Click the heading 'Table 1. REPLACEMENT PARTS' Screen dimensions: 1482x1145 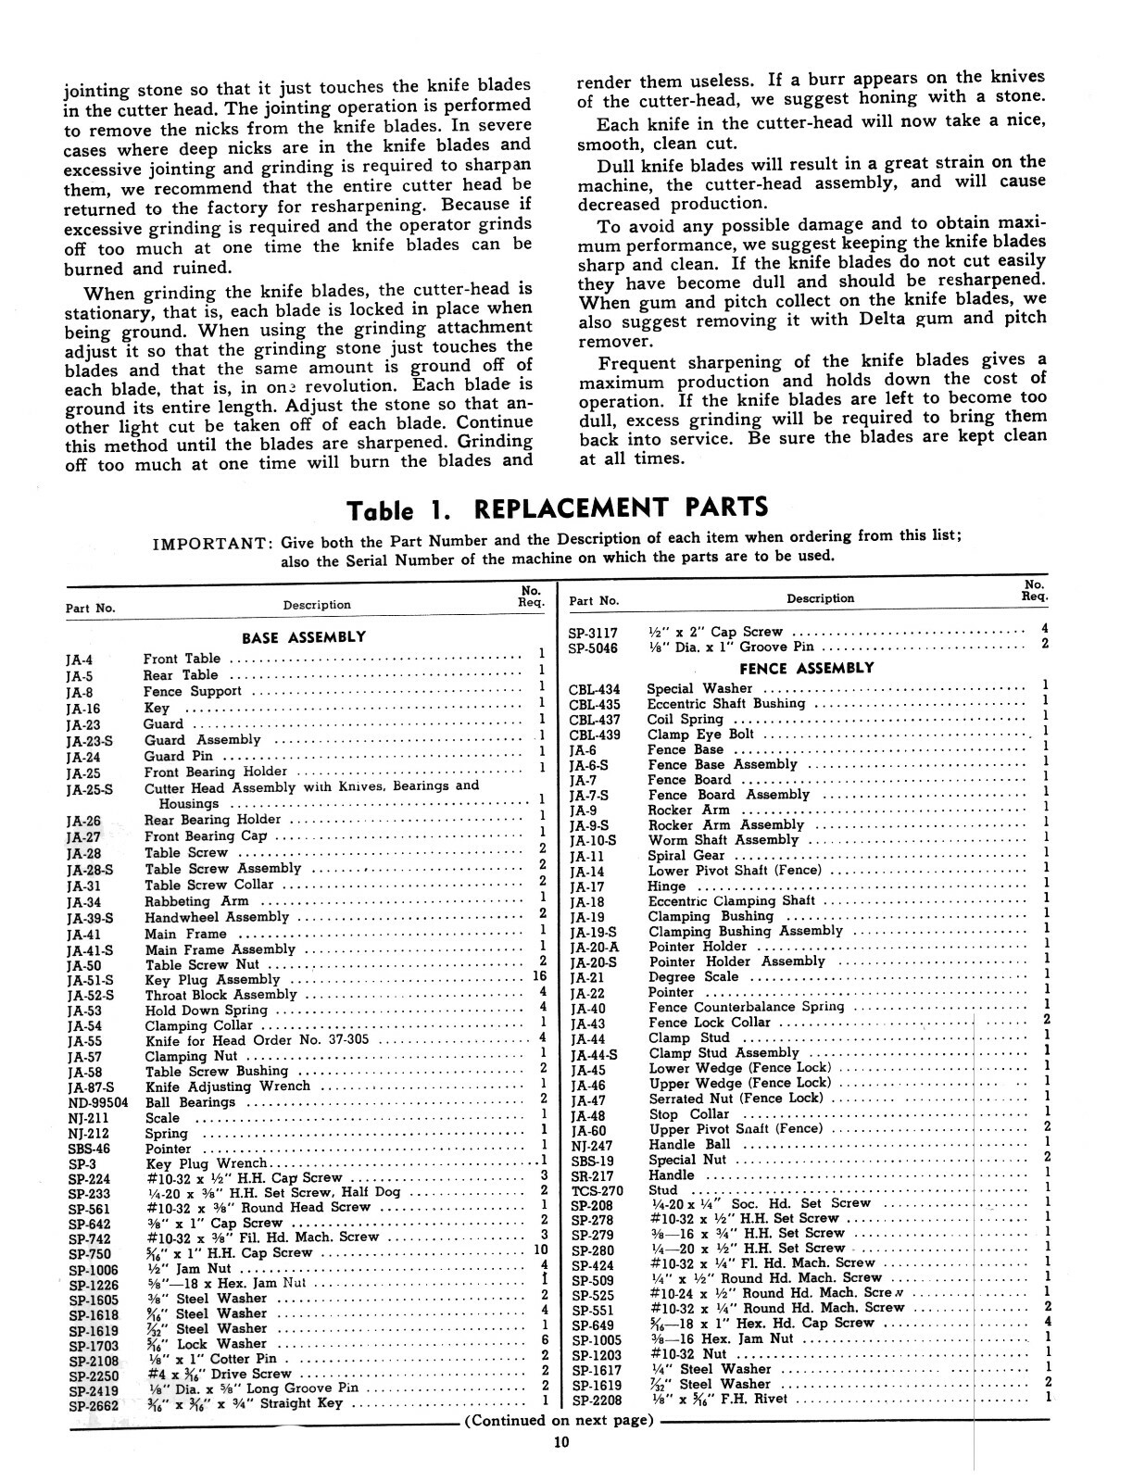pyautogui.click(x=557, y=509)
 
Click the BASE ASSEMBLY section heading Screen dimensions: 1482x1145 pyautogui.click(x=303, y=637)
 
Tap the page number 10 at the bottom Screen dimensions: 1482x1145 pyautogui.click(x=562, y=1441)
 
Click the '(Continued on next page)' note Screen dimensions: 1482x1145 pyautogui.click(x=559, y=1420)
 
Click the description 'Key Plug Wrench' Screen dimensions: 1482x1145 pyautogui.click(x=206, y=1162)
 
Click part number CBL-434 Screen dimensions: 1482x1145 pyautogui.click(x=594, y=689)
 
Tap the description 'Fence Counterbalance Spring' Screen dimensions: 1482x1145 pyautogui.click(x=746, y=1006)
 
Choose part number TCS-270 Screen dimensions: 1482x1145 pyautogui.click(x=597, y=1190)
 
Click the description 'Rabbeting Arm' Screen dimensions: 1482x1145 pyautogui.click(x=195, y=900)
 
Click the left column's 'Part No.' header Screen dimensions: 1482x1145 pyautogui.click(x=91, y=609)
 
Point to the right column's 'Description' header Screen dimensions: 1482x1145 pyautogui.click(x=820, y=598)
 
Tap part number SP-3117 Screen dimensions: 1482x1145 pyautogui.click(x=592, y=633)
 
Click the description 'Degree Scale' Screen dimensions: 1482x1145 pyautogui.click(x=693, y=976)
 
